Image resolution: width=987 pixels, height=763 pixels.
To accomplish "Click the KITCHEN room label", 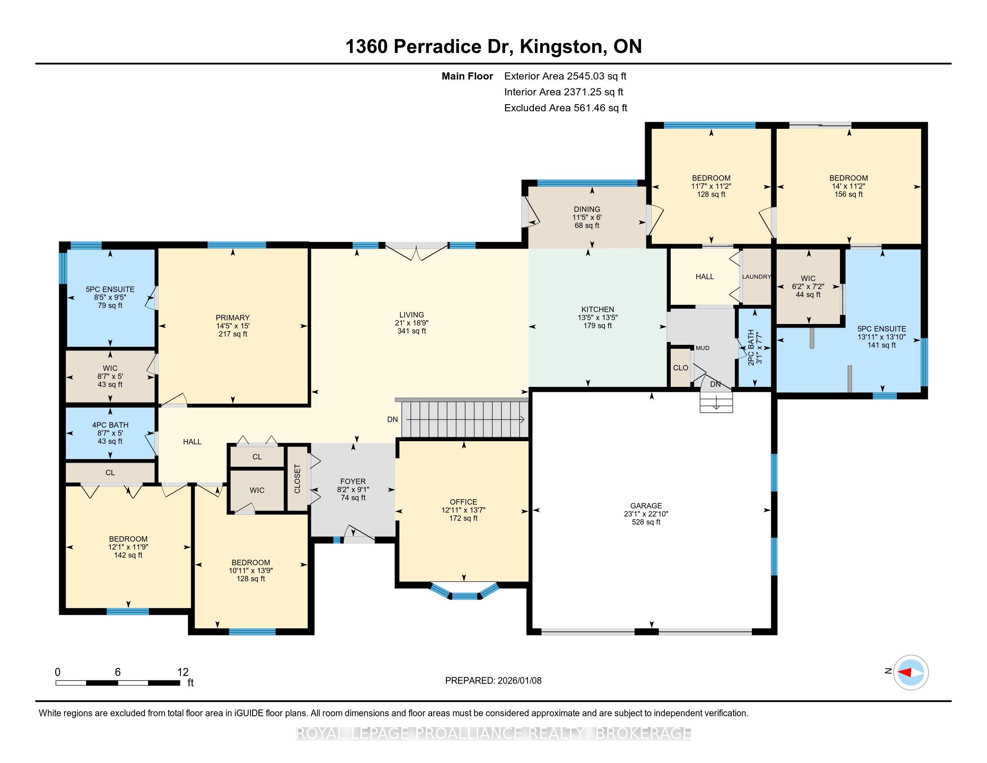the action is (x=598, y=310).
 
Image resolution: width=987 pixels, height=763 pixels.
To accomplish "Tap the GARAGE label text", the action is (x=646, y=506).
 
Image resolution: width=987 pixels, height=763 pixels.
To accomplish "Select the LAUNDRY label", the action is (x=756, y=276).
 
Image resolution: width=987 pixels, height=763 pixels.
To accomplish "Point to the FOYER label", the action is (x=353, y=482).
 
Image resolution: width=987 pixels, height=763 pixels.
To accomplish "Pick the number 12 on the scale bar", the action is (x=183, y=672).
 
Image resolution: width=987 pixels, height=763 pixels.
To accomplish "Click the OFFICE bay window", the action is (x=465, y=590).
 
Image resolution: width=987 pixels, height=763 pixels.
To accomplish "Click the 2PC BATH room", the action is (x=754, y=347).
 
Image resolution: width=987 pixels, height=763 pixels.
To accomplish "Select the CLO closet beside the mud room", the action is (x=681, y=368).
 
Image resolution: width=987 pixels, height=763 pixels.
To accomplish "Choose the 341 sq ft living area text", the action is (x=411, y=331).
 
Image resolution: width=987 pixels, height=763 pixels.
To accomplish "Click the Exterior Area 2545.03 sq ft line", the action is (x=565, y=76).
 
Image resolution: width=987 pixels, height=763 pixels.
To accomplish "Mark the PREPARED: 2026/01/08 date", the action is (x=493, y=681).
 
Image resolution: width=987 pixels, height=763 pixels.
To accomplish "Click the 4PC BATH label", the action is (x=110, y=425).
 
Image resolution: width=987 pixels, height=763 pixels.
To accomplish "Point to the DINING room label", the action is (x=587, y=209).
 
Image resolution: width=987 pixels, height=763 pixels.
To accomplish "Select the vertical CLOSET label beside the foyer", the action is (x=297, y=479).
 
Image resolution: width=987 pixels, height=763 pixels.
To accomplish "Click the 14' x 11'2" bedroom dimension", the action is (x=848, y=186).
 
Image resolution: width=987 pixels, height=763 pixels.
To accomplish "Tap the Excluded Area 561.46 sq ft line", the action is (x=566, y=108).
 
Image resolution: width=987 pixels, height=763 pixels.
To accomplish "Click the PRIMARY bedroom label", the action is (x=232, y=318).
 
